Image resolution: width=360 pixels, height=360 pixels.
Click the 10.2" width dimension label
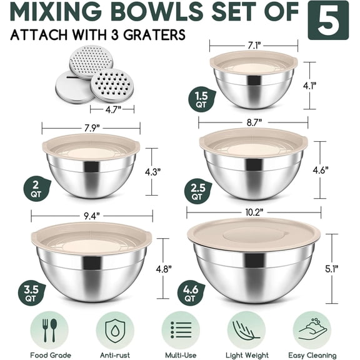coord(253,212)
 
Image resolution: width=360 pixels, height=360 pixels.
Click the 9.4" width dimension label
coord(90,215)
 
